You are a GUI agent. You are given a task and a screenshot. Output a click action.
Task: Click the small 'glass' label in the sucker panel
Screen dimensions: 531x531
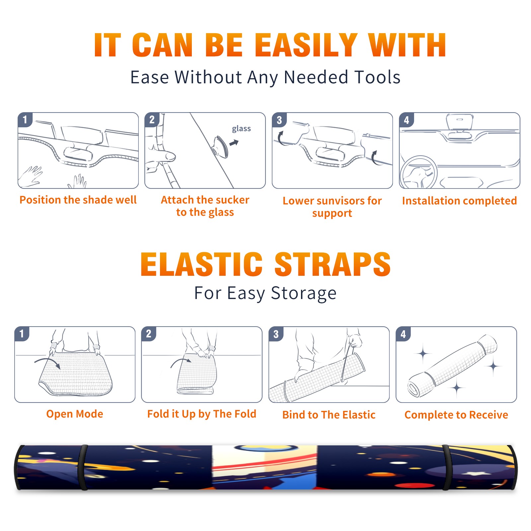coord(241,129)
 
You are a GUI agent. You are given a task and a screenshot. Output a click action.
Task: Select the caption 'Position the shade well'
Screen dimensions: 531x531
coord(78,200)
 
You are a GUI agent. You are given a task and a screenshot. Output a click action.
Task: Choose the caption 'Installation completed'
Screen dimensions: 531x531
coord(459,200)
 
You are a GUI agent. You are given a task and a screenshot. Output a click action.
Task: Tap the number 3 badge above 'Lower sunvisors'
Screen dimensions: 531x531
coord(279,120)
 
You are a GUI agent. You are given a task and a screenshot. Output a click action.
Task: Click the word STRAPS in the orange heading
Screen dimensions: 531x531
coord(333,264)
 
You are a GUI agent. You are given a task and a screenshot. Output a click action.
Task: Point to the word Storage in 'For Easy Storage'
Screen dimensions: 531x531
coord(304,293)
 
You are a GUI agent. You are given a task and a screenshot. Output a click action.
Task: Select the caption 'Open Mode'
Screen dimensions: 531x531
coord(75,414)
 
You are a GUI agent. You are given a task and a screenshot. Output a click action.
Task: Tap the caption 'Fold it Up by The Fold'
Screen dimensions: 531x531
coord(202,414)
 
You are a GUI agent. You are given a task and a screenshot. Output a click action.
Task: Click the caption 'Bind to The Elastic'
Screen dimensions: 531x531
coord(329,415)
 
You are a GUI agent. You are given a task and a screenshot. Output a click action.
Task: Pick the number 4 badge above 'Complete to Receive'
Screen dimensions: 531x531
coord(403,334)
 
